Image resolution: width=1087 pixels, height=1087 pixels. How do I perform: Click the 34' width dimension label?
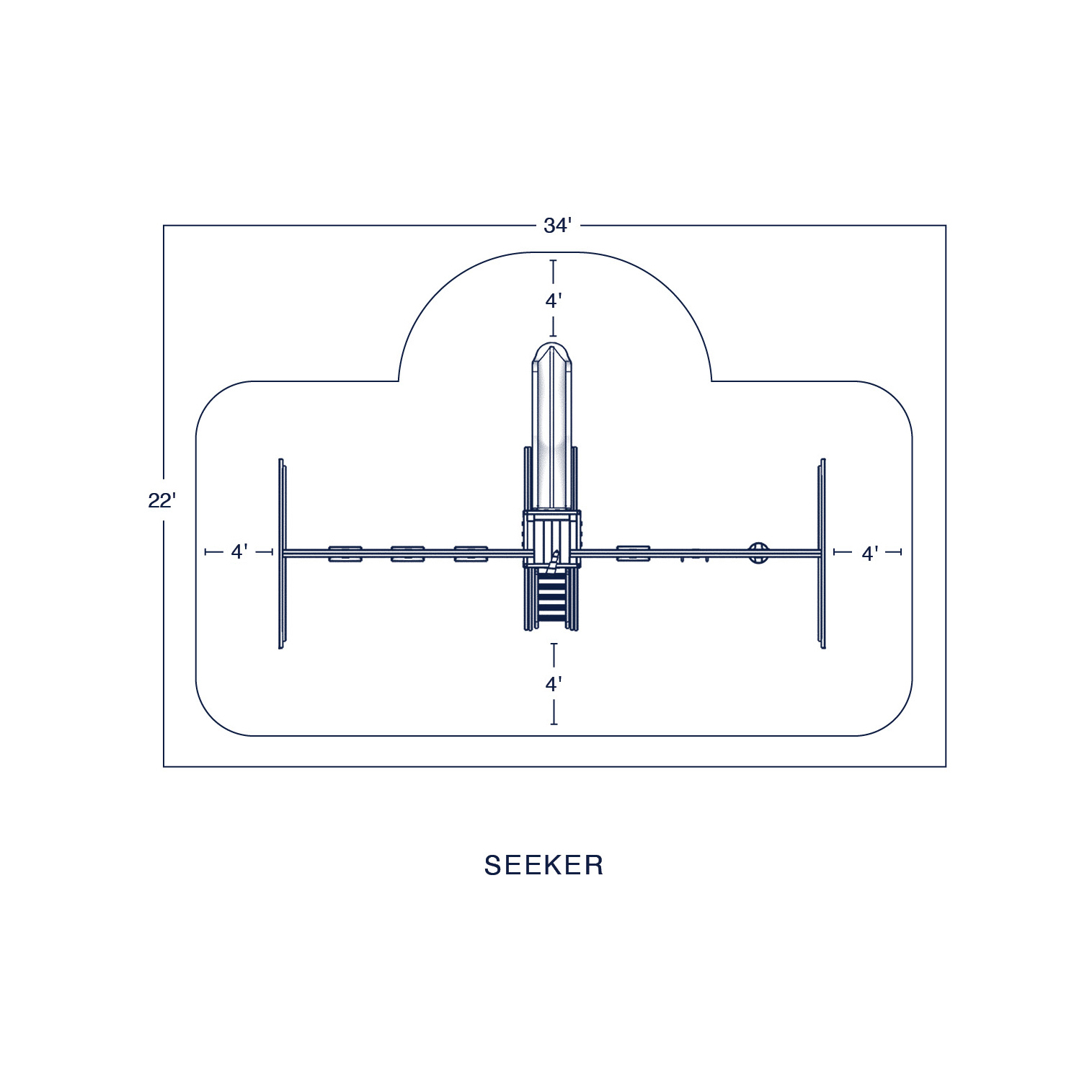point(557,226)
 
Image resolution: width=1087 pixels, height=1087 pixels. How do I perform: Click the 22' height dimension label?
point(162,501)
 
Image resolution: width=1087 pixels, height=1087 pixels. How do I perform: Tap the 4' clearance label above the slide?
point(553,301)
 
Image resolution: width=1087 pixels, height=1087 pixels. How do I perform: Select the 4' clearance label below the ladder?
point(553,684)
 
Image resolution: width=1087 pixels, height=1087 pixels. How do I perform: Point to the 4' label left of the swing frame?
point(239,552)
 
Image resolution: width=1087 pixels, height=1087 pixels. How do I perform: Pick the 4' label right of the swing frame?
point(870,554)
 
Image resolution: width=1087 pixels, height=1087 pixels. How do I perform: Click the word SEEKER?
point(543,865)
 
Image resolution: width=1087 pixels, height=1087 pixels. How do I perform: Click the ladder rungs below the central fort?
point(552,598)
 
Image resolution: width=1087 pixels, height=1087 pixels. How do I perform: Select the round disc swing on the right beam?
point(758,553)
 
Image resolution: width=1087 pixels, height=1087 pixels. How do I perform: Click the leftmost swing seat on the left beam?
point(345,554)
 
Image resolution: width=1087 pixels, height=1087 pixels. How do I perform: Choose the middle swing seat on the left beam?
point(407,554)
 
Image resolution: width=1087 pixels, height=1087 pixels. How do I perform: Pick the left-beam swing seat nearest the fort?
point(471,554)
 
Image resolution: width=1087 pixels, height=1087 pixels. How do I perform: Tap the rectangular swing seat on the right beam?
point(633,554)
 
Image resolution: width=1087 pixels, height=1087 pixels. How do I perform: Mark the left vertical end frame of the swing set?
point(282,554)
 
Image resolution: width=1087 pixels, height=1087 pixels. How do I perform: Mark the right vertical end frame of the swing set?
point(822,554)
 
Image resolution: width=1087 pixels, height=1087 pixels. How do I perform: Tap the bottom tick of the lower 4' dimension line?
point(554,724)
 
